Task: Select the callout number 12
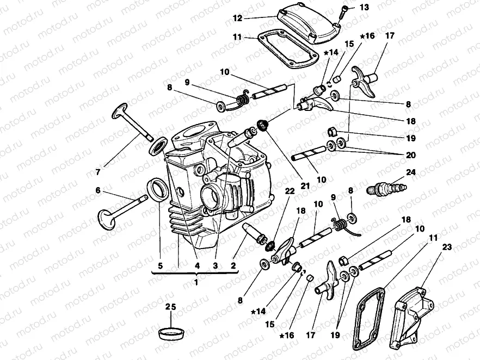tap(237, 18)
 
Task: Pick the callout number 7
tap(98, 172)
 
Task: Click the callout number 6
tap(98, 190)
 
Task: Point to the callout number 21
tap(305, 186)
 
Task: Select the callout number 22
tap(290, 190)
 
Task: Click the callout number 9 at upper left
tap(187, 83)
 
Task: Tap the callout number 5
tap(161, 266)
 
